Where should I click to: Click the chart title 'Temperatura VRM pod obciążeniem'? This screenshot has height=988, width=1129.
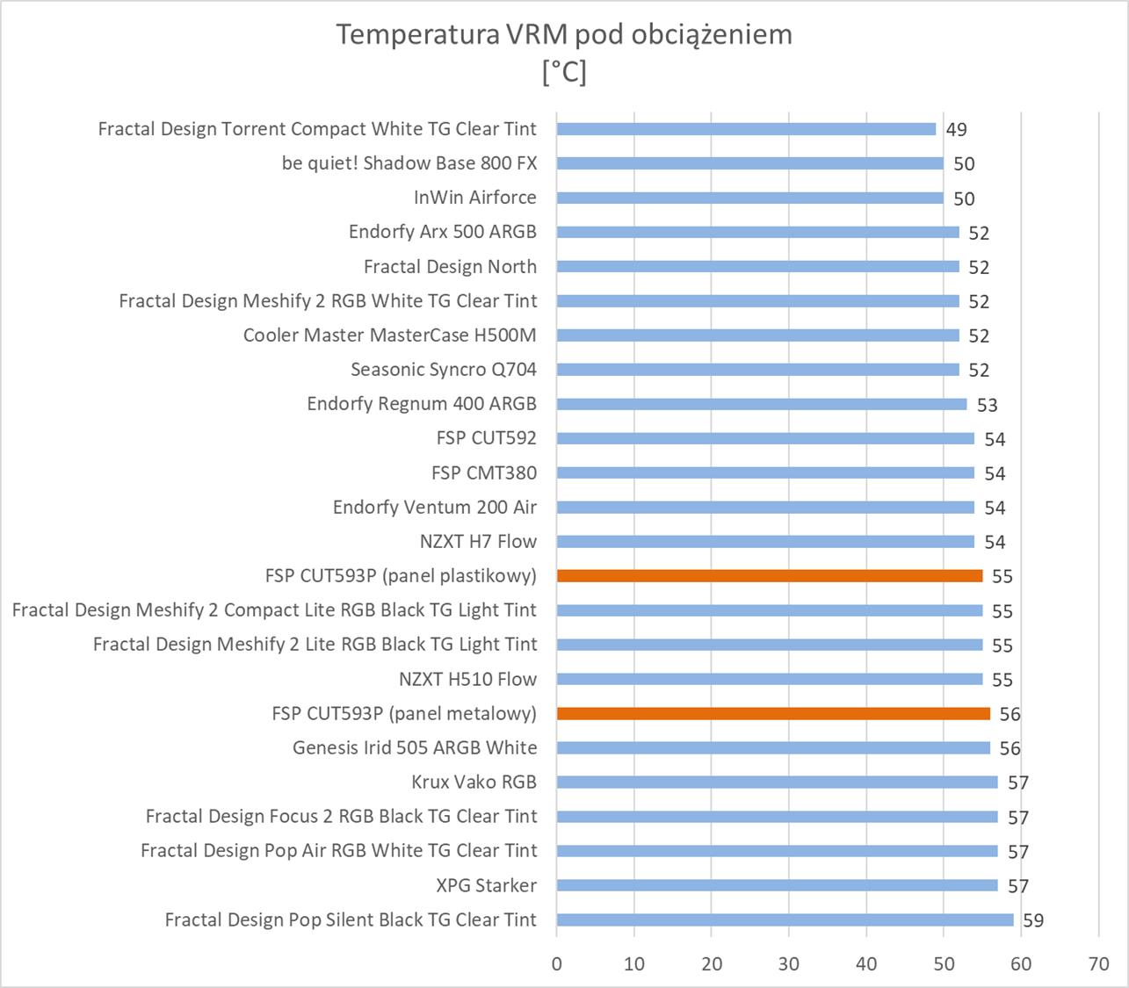(x=564, y=34)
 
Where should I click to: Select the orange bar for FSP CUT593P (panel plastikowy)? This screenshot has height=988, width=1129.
(x=770, y=576)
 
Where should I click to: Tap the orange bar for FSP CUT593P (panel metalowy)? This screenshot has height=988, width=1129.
(x=773, y=714)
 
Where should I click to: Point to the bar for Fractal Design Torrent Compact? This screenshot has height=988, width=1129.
(x=746, y=129)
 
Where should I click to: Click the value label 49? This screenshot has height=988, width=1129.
(x=956, y=130)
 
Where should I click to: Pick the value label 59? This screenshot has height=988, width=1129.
(x=1033, y=920)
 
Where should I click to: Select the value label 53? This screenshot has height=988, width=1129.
(x=987, y=405)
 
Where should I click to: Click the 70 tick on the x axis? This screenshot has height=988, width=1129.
(x=1098, y=964)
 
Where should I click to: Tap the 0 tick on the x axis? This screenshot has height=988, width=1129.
(x=557, y=964)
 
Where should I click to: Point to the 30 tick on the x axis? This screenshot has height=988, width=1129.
(x=789, y=964)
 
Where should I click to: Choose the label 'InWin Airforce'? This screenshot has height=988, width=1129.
(x=474, y=198)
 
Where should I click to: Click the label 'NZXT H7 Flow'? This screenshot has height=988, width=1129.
(x=478, y=542)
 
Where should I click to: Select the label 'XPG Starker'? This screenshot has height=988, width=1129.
(x=486, y=885)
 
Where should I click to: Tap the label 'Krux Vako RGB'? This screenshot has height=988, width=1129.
(x=474, y=782)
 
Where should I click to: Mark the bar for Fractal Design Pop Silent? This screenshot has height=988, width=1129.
(x=785, y=920)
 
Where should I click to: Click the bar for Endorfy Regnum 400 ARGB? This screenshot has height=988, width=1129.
(x=762, y=404)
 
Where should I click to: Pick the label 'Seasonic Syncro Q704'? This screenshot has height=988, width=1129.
(x=444, y=370)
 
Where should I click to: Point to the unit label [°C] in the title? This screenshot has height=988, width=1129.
(x=564, y=72)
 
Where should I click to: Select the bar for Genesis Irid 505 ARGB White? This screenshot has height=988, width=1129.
(x=773, y=748)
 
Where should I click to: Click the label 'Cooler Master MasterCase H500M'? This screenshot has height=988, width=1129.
(x=389, y=335)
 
